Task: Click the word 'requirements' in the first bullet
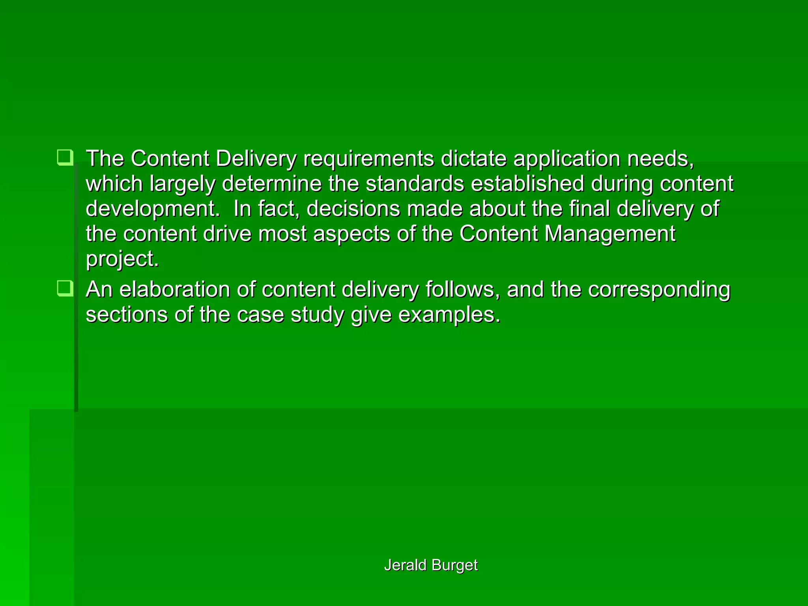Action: [368, 159]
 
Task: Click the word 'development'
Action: [152, 209]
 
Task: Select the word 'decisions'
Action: [353, 209]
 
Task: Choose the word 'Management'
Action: [610, 234]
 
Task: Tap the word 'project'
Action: [122, 260]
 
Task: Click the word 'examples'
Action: [449, 315]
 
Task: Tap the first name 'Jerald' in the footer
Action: [405, 565]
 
